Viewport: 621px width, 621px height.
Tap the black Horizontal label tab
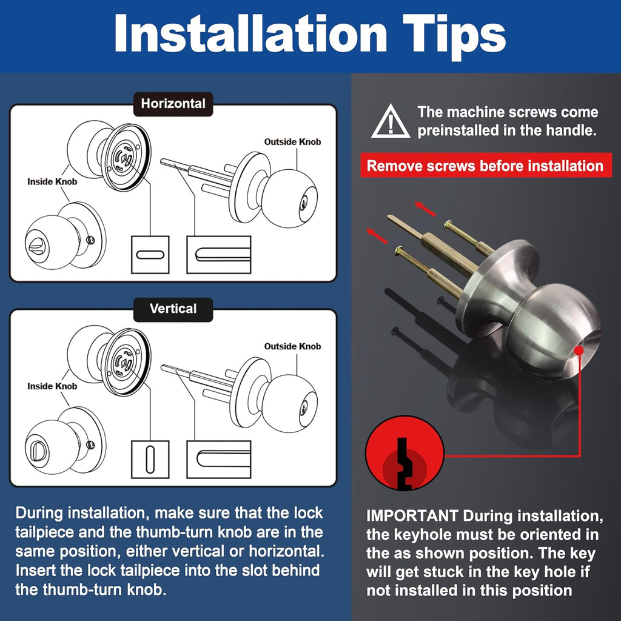click(x=173, y=104)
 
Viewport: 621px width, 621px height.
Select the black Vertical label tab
click(x=173, y=309)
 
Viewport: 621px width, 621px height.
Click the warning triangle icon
click(x=391, y=122)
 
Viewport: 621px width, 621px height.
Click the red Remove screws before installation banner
click(x=486, y=166)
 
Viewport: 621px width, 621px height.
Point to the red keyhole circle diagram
click(x=404, y=453)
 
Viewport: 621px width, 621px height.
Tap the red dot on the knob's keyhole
click(x=579, y=351)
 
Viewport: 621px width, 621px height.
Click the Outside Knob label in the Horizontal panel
click(x=292, y=142)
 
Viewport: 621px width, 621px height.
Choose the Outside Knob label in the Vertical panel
click(x=292, y=346)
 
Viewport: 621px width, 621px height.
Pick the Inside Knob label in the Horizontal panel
click(x=52, y=182)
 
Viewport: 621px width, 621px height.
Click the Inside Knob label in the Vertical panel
click(x=52, y=386)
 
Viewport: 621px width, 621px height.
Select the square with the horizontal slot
click(x=150, y=255)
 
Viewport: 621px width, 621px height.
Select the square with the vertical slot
click(x=150, y=460)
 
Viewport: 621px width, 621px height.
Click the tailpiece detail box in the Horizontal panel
click(x=219, y=255)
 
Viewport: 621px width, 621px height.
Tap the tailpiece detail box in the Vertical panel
click(x=219, y=460)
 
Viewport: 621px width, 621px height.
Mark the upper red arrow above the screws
click(x=425, y=209)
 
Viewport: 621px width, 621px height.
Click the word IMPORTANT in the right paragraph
click(x=412, y=515)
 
